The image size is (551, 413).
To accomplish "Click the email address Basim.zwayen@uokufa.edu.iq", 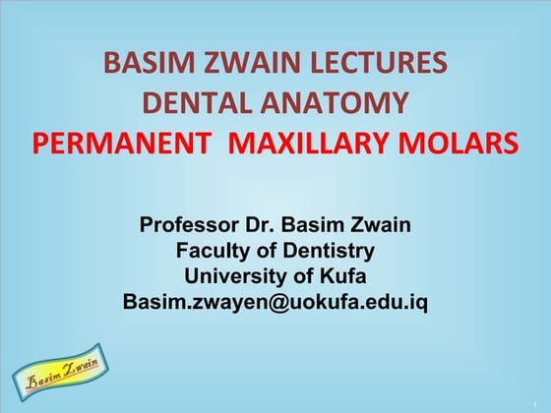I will (275, 302).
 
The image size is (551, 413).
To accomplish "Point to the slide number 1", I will (536, 402).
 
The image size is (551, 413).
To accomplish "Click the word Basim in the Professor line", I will (317, 225).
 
